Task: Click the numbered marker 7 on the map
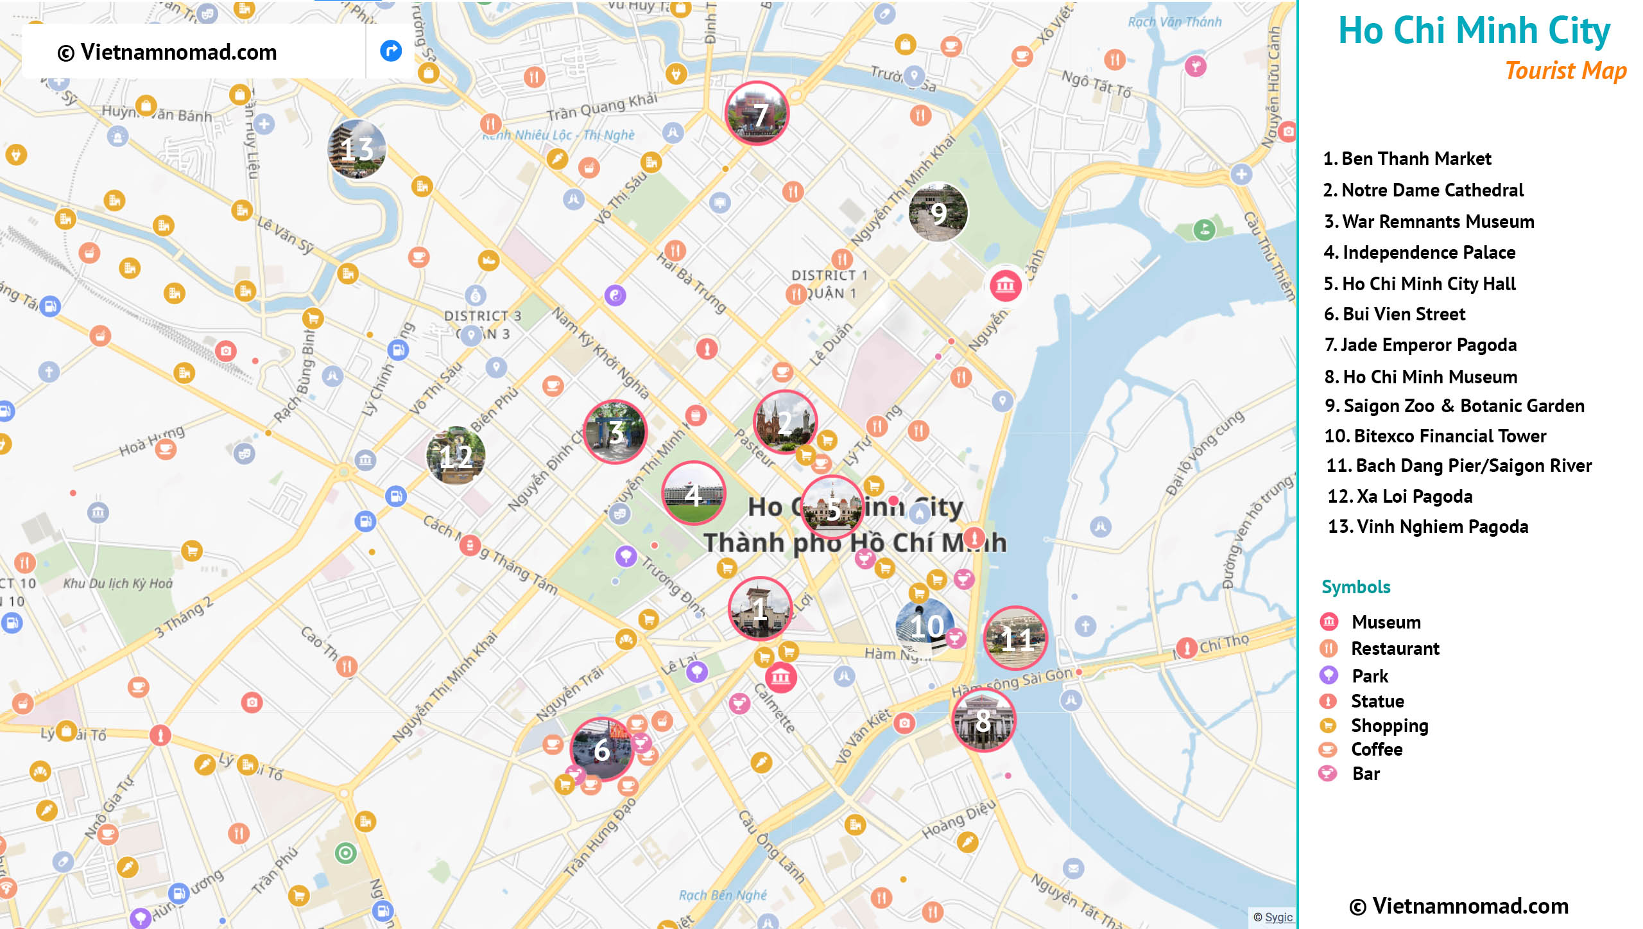[757, 114]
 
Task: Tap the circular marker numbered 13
[357, 149]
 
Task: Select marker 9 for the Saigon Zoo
[938, 213]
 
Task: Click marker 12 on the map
[456, 455]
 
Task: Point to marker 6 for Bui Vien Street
[601, 749]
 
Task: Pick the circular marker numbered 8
[983, 720]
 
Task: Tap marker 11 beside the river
[1016, 638]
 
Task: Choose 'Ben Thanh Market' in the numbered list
[1407, 159]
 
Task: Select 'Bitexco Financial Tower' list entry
[1435, 437]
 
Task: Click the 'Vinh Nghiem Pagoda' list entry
[1428, 527]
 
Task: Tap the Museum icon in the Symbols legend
[1329, 621]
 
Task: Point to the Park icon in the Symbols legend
[1329, 675]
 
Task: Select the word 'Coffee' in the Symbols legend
[1377, 749]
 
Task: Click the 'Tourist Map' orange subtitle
[1565, 71]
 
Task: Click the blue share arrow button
[390, 51]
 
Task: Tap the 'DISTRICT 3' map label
[483, 316]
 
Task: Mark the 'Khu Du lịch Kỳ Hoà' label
[118, 584]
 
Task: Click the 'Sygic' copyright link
[1278, 917]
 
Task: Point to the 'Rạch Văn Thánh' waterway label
[1174, 22]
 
